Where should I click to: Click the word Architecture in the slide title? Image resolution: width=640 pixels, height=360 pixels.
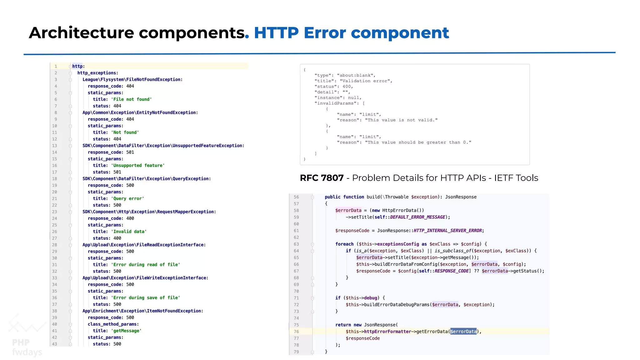click(81, 33)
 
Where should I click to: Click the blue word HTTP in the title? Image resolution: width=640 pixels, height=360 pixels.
click(276, 33)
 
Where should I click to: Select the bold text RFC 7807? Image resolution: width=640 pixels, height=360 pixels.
click(322, 178)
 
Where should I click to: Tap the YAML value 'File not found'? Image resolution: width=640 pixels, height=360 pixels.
click(131, 99)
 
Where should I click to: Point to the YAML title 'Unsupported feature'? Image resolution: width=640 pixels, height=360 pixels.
click(138, 166)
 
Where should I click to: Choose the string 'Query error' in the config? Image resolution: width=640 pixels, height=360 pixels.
click(127, 199)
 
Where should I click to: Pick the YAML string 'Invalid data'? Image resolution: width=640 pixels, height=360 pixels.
click(129, 232)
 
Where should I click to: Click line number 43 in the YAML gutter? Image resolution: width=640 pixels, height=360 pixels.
click(55, 344)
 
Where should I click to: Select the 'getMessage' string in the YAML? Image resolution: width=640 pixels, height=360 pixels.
click(126, 331)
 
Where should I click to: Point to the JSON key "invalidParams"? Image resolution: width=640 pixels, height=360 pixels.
click(335, 103)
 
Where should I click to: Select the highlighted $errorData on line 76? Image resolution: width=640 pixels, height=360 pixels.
click(463, 332)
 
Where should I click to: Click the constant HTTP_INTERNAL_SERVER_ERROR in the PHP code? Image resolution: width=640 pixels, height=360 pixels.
click(447, 231)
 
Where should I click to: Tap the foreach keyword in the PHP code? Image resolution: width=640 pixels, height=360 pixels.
click(344, 244)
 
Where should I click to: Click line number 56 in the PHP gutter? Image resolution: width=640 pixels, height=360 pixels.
click(296, 197)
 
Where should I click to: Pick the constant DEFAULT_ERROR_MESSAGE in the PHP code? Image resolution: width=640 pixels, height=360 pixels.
click(417, 217)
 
